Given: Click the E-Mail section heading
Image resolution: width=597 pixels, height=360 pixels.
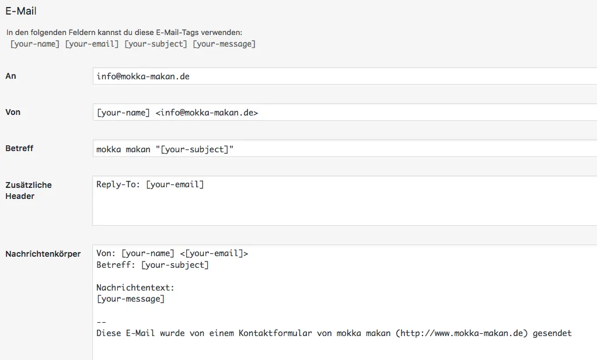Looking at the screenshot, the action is [x=21, y=11].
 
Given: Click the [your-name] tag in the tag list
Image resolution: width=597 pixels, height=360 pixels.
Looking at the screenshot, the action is [x=34, y=44].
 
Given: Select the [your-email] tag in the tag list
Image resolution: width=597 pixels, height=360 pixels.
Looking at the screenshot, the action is [x=92, y=44].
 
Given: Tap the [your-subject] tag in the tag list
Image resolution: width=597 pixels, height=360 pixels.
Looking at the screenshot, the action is [x=156, y=44].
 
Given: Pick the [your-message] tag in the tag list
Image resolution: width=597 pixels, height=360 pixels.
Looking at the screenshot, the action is [x=224, y=44].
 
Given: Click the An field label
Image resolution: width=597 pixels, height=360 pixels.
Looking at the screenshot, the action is [x=11, y=76].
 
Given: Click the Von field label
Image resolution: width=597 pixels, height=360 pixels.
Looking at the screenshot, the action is [x=13, y=112].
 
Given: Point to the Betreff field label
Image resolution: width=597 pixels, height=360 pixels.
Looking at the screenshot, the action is [x=19, y=148].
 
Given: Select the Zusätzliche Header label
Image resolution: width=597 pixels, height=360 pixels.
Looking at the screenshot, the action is [x=29, y=190].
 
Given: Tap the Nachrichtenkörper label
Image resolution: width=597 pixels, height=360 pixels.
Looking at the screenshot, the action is [x=43, y=254].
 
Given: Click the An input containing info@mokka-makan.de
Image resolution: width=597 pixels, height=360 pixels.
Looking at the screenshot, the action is [x=344, y=76].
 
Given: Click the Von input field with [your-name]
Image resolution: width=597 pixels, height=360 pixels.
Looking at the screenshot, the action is [x=344, y=112].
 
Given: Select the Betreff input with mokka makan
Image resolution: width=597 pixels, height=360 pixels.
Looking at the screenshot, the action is [x=344, y=148].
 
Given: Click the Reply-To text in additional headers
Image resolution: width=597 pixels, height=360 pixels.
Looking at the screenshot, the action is [x=118, y=184].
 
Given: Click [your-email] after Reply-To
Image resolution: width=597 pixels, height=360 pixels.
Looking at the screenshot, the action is [x=175, y=184].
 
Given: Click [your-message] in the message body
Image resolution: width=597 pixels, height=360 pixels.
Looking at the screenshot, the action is [x=131, y=299].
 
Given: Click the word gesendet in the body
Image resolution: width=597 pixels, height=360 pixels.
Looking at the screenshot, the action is [x=552, y=333].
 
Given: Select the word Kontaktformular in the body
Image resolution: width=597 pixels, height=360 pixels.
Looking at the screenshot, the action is [x=275, y=333].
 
